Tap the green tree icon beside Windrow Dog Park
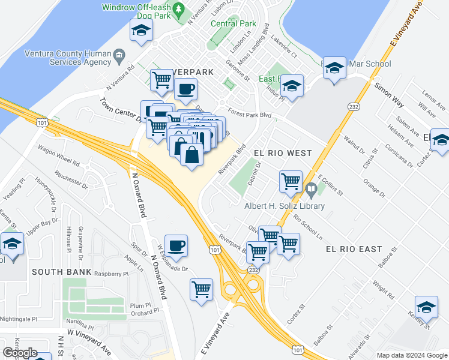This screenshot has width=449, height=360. click(x=178, y=10)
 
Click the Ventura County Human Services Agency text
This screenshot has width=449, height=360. click(x=67, y=57)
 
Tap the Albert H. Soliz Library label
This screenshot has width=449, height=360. click(x=284, y=206)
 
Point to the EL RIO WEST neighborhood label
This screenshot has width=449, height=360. click(x=283, y=153)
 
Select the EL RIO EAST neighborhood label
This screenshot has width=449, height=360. click(x=354, y=248)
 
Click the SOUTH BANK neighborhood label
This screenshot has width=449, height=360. click(x=62, y=272)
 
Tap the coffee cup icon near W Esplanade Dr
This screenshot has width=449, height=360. click(x=176, y=245)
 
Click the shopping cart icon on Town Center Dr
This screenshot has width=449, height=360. click(x=157, y=126)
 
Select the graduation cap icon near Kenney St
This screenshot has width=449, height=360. click(x=426, y=308)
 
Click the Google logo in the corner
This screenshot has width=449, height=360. click(x=20, y=353)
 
